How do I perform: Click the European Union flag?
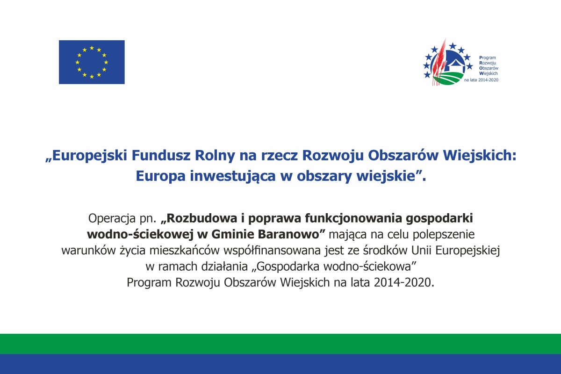click(x=92, y=62)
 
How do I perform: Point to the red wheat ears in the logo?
click(x=439, y=63)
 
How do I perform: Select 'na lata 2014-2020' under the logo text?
click(x=481, y=80)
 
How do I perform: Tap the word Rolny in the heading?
click(x=215, y=156)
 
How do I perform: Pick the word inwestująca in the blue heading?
click(x=233, y=176)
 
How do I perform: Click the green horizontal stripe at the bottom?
click(x=280, y=344)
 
